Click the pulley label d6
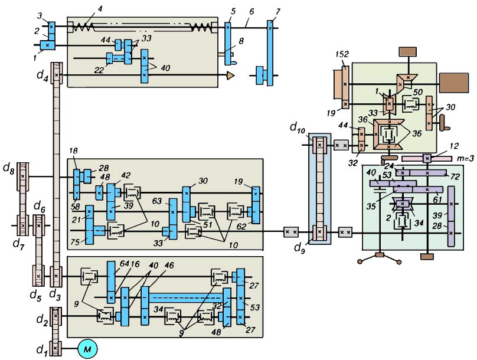click(x=40, y=208)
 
